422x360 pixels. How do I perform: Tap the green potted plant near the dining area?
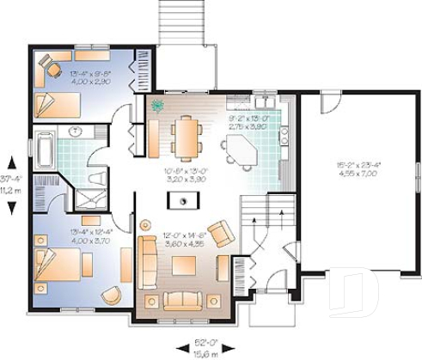point(157,107)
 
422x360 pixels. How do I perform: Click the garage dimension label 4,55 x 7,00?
point(360,173)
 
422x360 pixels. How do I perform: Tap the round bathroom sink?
point(76,132)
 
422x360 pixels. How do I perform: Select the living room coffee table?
point(185,264)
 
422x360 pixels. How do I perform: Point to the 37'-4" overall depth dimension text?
point(9,178)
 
